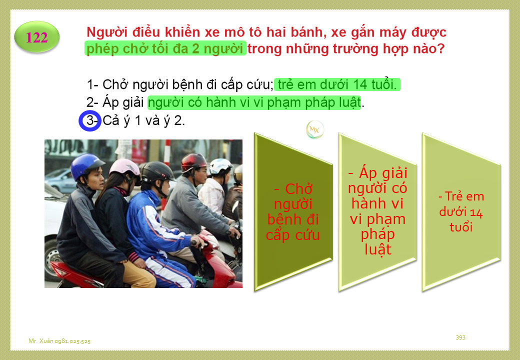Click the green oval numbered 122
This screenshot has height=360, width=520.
(37, 37)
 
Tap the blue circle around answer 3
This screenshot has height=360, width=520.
(89, 120)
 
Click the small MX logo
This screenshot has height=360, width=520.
(314, 129)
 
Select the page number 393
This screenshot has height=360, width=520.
(460, 337)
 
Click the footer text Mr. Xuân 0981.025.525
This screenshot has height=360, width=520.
(59, 341)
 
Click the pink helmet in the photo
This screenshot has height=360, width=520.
(124, 168)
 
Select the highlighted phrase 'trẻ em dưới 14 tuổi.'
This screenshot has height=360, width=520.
(337, 85)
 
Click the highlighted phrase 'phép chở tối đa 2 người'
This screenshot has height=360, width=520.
(165, 48)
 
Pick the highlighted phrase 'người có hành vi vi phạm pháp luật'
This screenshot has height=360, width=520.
(254, 103)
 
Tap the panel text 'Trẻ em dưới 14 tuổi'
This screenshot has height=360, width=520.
(461, 212)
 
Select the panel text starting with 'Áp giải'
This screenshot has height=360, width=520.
(377, 211)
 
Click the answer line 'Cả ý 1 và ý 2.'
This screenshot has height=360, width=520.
(143, 120)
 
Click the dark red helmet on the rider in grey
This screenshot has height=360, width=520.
(194, 162)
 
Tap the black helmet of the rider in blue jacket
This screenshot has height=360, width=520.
(157, 171)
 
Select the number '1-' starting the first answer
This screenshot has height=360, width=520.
(92, 85)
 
